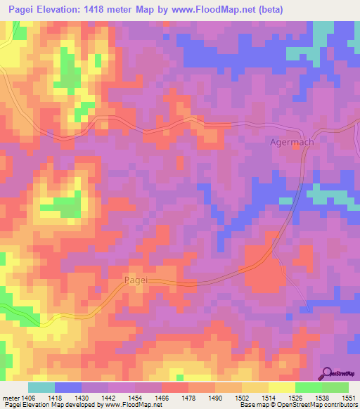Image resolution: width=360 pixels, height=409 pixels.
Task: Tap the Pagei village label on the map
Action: (x=137, y=279)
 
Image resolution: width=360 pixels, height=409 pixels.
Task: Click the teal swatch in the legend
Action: (x=41, y=387)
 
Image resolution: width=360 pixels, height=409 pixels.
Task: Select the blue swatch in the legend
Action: (x=68, y=387)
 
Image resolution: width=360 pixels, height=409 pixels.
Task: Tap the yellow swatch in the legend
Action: (x=281, y=387)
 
